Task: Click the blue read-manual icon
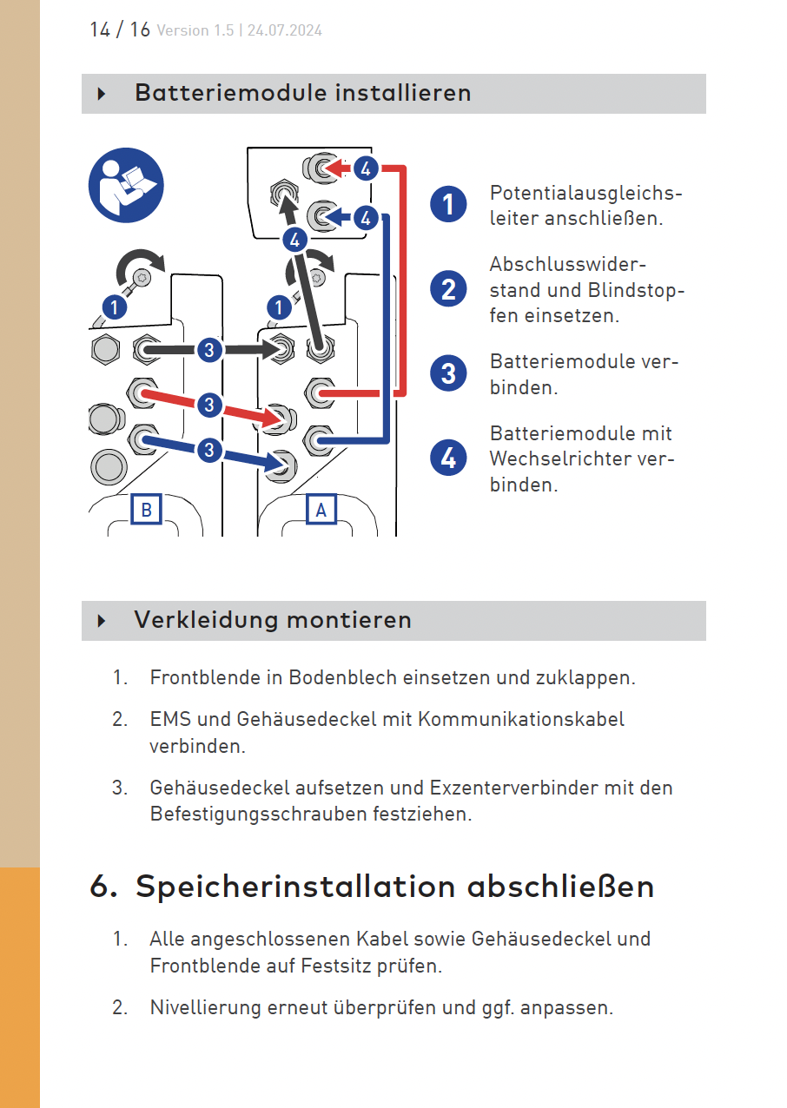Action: pos(126,185)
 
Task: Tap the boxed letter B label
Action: pos(147,509)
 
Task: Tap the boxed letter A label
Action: pos(321,509)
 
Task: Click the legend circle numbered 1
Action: pos(448,204)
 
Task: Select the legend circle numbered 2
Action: pos(448,289)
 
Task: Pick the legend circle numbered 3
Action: pos(448,373)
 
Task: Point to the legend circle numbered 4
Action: pos(448,458)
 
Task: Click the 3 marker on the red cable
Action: pos(209,405)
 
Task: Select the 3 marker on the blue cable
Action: pos(209,450)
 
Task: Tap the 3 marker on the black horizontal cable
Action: pos(209,350)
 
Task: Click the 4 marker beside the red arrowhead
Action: pos(367,168)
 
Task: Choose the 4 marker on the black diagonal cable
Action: pos(295,241)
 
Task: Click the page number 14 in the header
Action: pos(100,30)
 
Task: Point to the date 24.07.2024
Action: pos(285,30)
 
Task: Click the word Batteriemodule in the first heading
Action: pos(232,93)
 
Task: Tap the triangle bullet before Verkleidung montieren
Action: pos(102,620)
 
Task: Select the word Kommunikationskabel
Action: pos(521,719)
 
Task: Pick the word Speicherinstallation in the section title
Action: pos(295,887)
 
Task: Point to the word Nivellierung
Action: pos(205,1007)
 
